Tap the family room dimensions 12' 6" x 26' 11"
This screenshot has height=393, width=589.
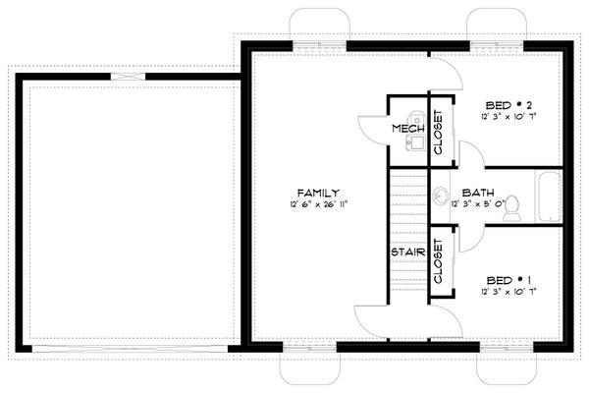tap(320, 204)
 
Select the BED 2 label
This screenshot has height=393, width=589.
tap(509, 105)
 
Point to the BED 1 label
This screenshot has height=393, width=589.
tap(509, 280)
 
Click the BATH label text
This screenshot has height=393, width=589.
tap(477, 193)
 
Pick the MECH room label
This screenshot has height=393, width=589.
tap(405, 130)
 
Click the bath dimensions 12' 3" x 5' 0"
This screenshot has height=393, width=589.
tap(483, 204)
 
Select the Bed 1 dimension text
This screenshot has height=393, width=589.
tap(509, 292)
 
